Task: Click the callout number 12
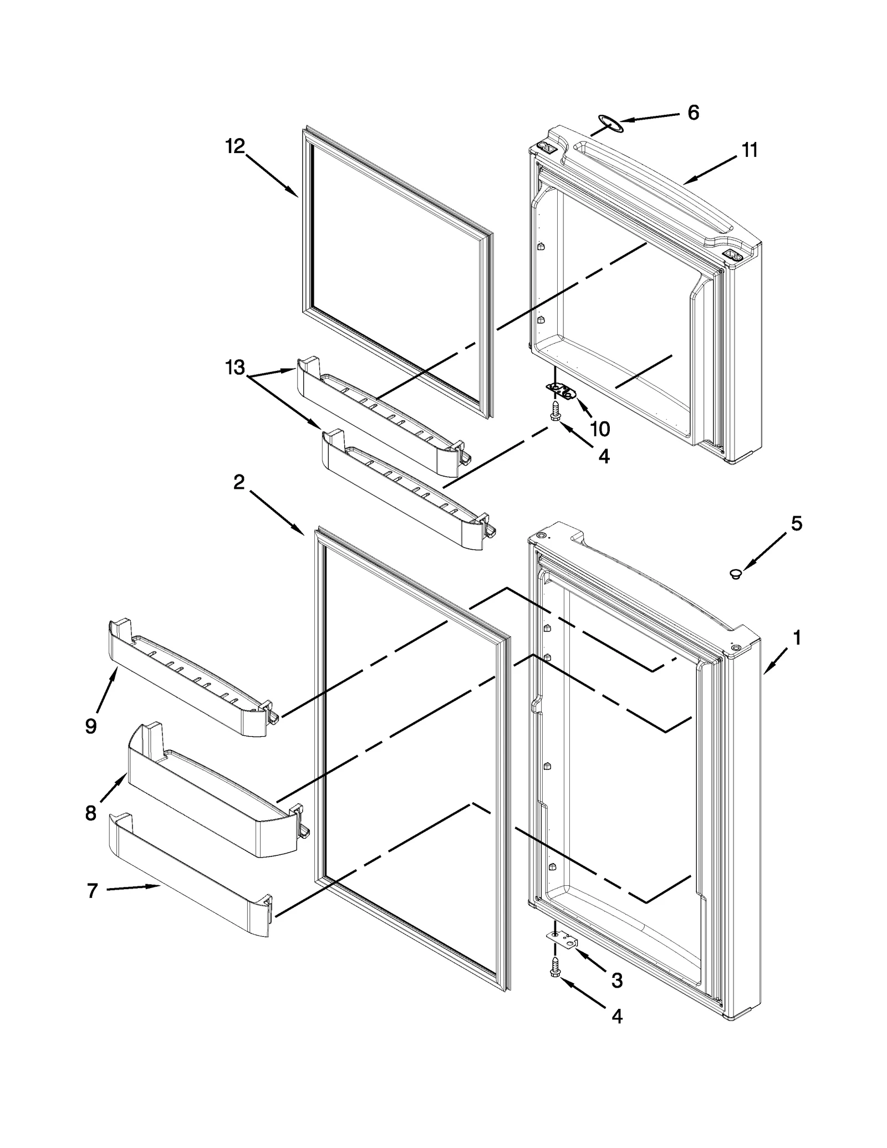tap(235, 146)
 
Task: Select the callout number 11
tap(750, 150)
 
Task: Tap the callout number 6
tap(693, 113)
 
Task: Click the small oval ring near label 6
tap(610, 124)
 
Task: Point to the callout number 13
tap(235, 367)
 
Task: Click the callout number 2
tap(238, 482)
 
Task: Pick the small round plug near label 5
tap(736, 574)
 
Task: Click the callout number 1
tap(797, 638)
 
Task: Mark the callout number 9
tap(91, 726)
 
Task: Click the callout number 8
tap(91, 813)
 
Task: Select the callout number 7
tap(92, 890)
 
